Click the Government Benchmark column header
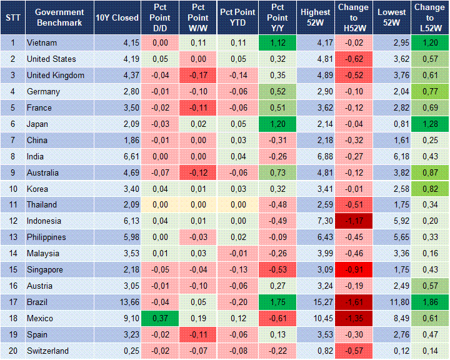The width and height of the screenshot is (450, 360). (x=59, y=17)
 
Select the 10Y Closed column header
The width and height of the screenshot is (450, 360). (x=117, y=17)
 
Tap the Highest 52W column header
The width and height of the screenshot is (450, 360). (x=315, y=17)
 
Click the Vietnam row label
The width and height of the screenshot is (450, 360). (x=42, y=43)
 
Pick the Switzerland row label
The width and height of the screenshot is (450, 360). (x=47, y=351)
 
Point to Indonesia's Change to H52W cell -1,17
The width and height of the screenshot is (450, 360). (x=355, y=221)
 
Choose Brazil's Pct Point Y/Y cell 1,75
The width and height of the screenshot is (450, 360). (x=278, y=302)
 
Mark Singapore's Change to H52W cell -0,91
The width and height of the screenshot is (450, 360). (x=355, y=269)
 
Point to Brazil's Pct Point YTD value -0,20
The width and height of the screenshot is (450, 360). (x=238, y=302)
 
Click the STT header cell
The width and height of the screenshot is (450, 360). (x=12, y=17)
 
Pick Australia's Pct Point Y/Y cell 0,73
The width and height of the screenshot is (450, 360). (x=278, y=172)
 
